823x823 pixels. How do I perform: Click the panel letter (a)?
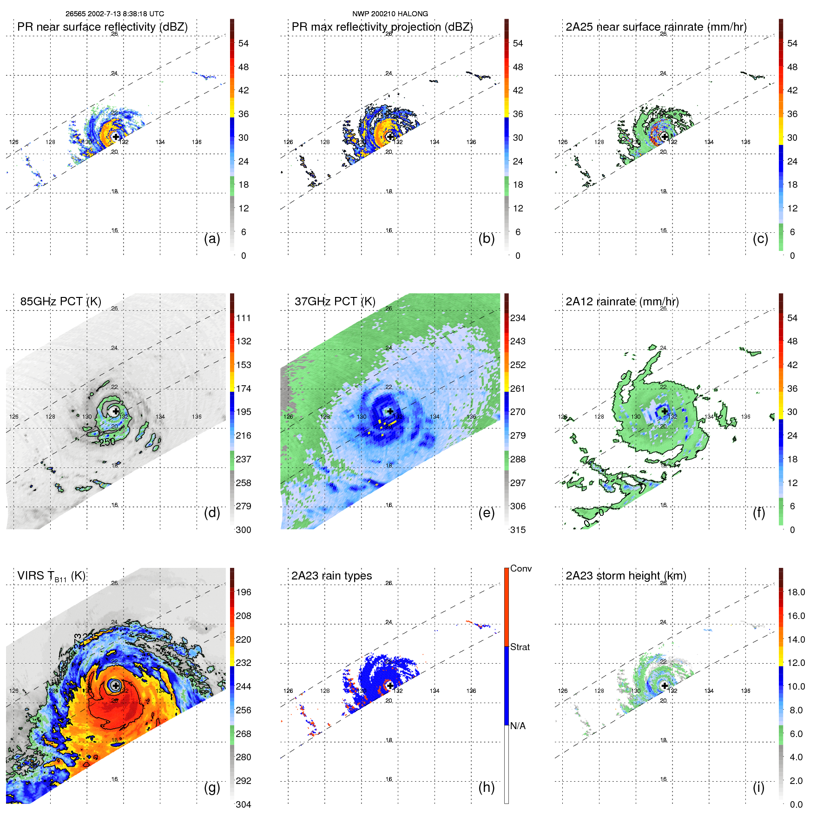(x=212, y=238)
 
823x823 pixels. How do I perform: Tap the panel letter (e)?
(x=486, y=513)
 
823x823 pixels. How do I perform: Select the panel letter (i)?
(x=758, y=787)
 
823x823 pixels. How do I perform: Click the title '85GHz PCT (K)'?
(x=60, y=301)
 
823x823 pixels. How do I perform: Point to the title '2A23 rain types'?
(x=331, y=575)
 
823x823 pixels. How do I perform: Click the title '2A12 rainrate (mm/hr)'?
(x=622, y=301)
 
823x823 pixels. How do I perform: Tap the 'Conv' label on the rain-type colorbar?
(x=520, y=568)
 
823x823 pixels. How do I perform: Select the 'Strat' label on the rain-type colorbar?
(x=520, y=647)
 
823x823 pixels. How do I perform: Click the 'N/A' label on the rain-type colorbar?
(x=518, y=726)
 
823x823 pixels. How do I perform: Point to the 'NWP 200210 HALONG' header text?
(x=390, y=14)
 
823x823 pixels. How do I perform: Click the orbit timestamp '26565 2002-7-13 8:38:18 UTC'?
(x=114, y=14)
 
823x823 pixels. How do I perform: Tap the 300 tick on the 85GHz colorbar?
(x=243, y=530)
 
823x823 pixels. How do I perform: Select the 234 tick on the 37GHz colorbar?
(x=518, y=318)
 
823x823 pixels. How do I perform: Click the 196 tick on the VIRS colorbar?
(x=243, y=592)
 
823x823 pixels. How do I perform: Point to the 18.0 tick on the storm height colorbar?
(x=796, y=592)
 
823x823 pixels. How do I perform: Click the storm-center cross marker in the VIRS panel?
(x=116, y=685)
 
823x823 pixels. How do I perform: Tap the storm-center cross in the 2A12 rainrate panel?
(x=665, y=411)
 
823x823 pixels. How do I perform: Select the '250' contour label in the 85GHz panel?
(x=107, y=442)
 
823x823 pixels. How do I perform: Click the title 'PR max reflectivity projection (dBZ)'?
(x=382, y=27)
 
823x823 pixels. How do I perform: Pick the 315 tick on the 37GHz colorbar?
(x=518, y=530)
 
